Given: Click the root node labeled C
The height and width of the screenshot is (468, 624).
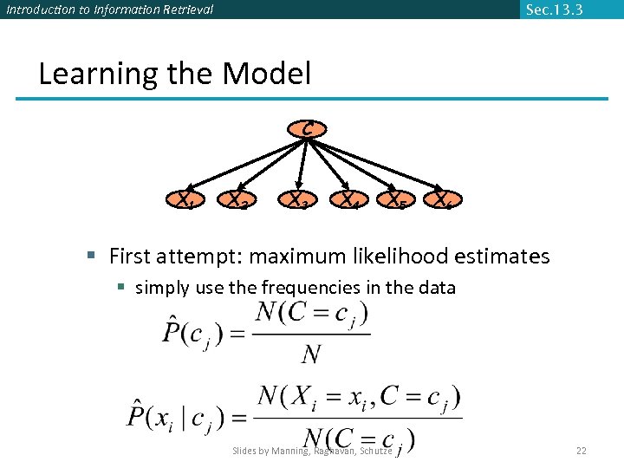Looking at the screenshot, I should pyautogui.click(x=308, y=129).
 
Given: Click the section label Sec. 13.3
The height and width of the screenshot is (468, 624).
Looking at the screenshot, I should pyautogui.click(x=554, y=10).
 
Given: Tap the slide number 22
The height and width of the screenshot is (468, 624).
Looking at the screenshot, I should pyautogui.click(x=582, y=451).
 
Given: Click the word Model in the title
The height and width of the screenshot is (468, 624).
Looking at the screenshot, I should pyautogui.click(x=266, y=74).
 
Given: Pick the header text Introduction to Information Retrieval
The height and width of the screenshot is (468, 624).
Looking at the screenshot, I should pyautogui.click(x=109, y=10).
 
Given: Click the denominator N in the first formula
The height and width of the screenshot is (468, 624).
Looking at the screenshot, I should pyautogui.click(x=312, y=354).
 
